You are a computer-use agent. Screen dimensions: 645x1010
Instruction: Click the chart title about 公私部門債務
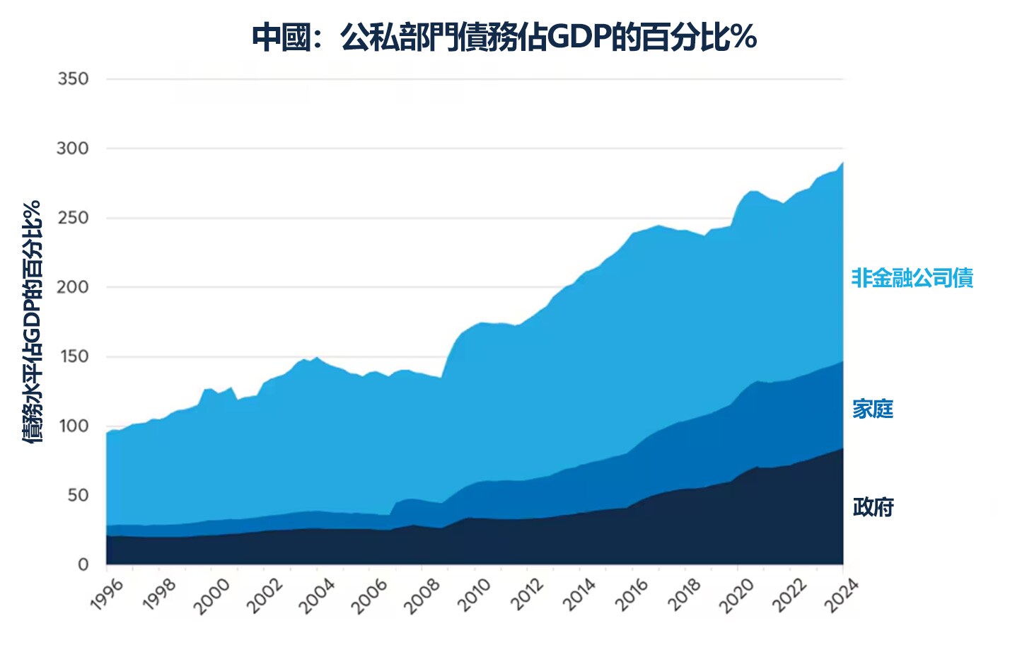504,37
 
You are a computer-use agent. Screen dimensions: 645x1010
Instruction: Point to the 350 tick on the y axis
74,79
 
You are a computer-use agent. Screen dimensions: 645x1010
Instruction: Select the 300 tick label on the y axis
74,149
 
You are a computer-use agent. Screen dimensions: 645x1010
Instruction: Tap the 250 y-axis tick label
74,218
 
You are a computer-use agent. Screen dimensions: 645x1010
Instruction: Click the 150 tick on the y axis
74,356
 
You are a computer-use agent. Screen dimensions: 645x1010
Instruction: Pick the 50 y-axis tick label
78,495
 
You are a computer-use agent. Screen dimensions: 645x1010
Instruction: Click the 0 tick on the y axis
83,564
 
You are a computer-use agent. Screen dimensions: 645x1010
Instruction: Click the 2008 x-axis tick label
422,595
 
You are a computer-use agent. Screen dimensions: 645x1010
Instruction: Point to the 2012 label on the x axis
528,595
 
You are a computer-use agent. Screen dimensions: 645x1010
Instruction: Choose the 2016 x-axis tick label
632,595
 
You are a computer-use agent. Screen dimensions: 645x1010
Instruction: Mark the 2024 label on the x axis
842,595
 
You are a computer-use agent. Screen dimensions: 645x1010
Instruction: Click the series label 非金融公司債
912,278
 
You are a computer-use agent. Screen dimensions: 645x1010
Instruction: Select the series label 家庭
873,409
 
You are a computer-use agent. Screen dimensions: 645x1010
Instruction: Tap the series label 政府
873,507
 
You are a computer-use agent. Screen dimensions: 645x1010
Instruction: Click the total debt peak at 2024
842,163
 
